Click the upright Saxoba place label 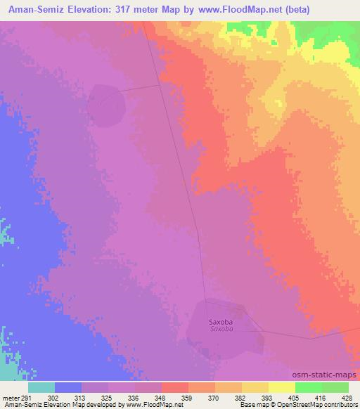[x=220, y=323]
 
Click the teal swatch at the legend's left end [x=41, y=387]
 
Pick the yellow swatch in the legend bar [x=254, y=387]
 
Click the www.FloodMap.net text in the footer [x=150, y=405]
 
